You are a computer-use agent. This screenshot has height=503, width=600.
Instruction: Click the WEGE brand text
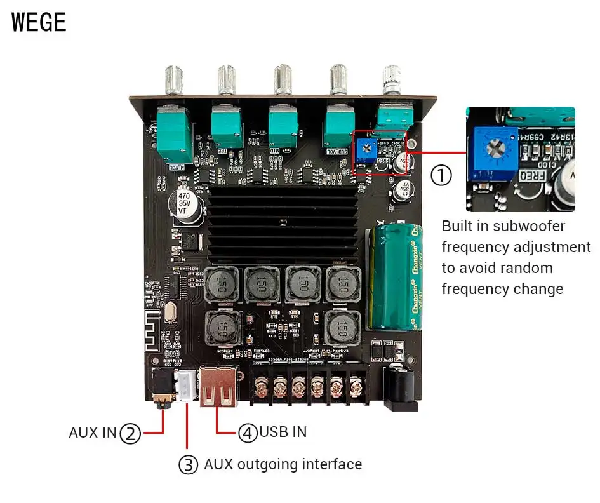coord(39,22)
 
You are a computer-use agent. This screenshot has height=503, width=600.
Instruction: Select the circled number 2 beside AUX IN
coord(130,433)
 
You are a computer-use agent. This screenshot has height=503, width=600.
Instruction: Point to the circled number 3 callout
coord(188,464)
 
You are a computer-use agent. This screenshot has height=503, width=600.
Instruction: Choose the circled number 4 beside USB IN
coord(248,433)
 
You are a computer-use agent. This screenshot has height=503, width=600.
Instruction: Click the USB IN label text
coord(283,433)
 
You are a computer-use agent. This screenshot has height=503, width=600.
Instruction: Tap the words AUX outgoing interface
coord(283,464)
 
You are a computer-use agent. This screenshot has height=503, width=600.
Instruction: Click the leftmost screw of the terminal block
coord(261,386)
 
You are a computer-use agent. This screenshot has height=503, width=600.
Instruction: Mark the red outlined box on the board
coord(380,153)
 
